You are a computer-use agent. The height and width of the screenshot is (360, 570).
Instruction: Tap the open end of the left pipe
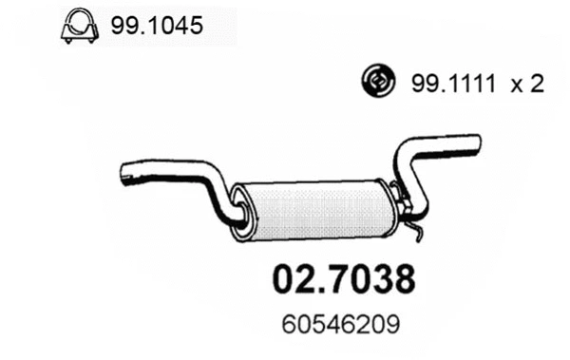click(125, 174)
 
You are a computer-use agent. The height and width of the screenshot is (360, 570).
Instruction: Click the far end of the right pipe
click(475, 144)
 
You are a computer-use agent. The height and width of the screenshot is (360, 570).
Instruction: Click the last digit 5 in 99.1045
click(196, 27)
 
